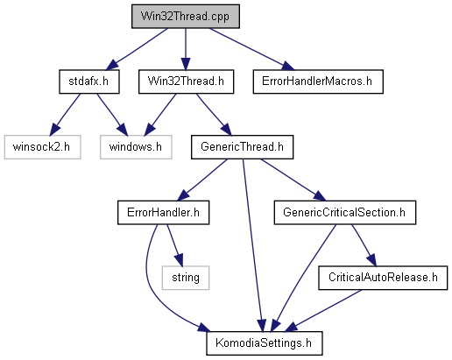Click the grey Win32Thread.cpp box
coord(186,17)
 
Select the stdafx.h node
coord(89,81)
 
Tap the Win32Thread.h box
coord(186,81)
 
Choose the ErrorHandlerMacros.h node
coord(318,81)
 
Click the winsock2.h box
coord(42,147)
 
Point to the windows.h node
coord(136,147)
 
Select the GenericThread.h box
coord(242,147)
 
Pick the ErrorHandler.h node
coord(163,212)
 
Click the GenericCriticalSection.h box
coord(345,212)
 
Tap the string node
coord(186,278)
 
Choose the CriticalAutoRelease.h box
coord(383,278)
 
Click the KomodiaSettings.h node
coord(265,343)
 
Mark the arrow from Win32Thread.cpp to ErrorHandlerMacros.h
coord(251,49)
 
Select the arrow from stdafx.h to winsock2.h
coord(65,115)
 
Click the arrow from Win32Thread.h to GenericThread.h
coord(214,115)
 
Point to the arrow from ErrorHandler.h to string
coord(175,245)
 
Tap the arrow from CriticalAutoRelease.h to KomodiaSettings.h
coord(323,311)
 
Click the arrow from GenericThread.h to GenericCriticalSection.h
coord(293,180)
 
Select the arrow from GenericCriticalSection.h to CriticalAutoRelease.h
coord(364,245)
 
